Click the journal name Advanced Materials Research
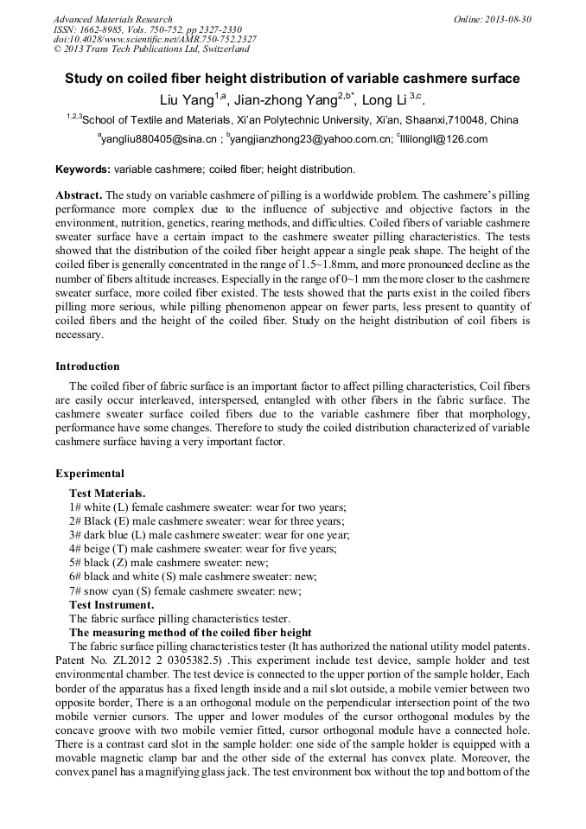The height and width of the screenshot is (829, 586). [112, 19]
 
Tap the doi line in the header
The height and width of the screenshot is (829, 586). [155, 39]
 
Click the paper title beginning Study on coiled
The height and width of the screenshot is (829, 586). [292, 79]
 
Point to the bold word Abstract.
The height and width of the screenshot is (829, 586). [80, 196]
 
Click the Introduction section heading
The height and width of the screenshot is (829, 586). [87, 367]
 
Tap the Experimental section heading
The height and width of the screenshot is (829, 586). [90, 474]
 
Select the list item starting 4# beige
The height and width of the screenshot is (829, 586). [202, 549]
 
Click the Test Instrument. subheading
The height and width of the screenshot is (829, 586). [111, 604]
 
